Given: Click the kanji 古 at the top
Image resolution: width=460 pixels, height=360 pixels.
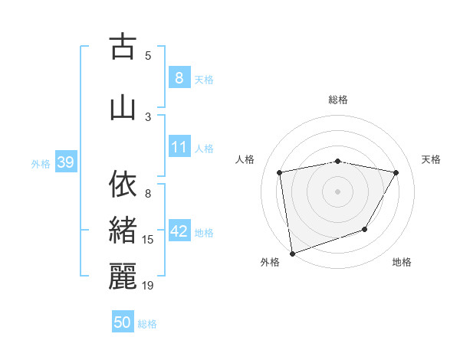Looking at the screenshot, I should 123,47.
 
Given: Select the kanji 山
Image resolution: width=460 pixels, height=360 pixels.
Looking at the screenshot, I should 123,106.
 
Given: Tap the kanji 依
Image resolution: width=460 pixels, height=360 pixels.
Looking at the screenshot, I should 123,184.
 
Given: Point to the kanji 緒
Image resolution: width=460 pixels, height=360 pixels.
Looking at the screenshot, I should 123,231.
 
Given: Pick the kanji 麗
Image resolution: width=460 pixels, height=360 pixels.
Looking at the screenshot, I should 123,277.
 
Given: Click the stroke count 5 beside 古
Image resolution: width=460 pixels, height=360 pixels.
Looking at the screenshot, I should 148,55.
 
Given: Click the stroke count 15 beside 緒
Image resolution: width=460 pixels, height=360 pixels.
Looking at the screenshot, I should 148,240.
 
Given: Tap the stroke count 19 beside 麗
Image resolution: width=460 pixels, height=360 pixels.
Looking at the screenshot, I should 148,286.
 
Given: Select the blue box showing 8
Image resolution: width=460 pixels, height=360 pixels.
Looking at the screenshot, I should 179,78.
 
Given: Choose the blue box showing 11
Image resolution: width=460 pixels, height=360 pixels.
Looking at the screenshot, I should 179,148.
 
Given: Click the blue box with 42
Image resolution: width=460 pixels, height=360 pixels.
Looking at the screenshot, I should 180,232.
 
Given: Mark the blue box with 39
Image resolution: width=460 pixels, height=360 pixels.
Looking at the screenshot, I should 65,163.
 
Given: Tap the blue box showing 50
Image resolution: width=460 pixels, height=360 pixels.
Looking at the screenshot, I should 123,322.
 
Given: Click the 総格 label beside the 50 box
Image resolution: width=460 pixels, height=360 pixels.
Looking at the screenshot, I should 147,324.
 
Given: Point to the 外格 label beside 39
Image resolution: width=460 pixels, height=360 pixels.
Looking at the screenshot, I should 41,164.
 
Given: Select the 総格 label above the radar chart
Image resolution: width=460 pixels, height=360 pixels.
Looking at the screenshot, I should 338,100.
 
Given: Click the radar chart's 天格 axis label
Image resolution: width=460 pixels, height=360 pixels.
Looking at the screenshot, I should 432,159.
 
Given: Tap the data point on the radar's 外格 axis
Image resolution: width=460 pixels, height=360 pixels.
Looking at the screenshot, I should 292,253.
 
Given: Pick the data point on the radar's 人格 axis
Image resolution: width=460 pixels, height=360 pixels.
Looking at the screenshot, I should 280,172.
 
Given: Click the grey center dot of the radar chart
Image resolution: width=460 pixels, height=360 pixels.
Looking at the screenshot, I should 338,191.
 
